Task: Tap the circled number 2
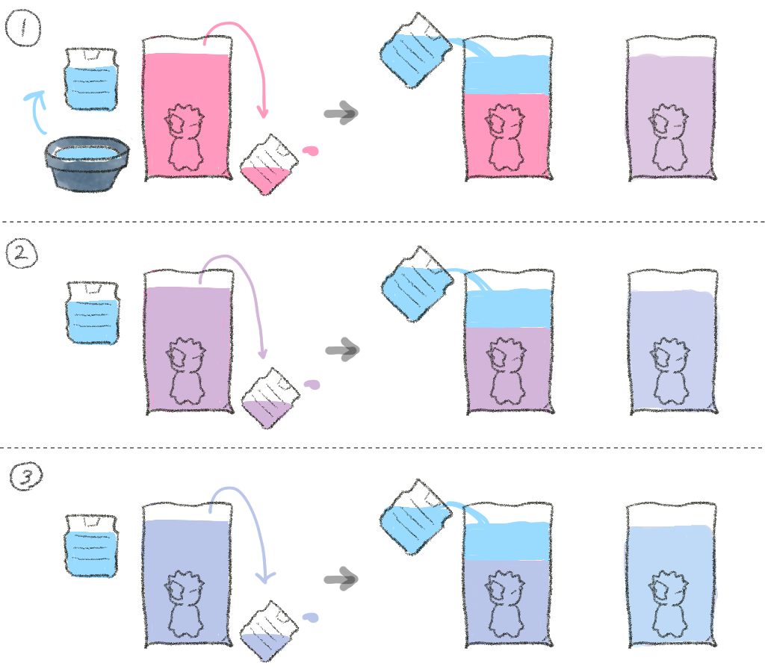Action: coord(22,255)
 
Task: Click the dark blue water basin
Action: coord(87,164)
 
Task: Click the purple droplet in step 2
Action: coord(312,385)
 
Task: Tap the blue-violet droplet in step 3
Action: coord(310,618)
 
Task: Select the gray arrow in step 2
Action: coord(341,349)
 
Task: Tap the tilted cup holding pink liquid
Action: coord(268,165)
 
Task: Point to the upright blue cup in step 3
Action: coord(92,545)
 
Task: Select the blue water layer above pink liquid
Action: coord(508,75)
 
